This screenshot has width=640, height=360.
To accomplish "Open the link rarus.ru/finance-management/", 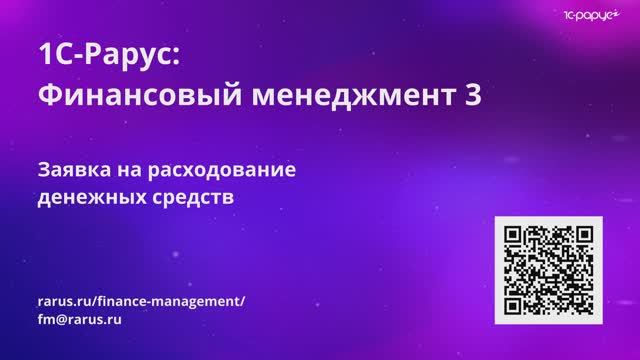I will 139,302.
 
